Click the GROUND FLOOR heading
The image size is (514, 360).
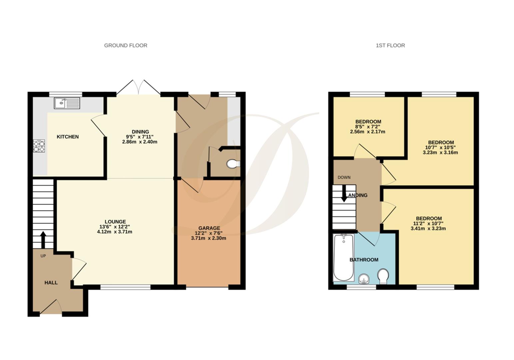pos(126,45)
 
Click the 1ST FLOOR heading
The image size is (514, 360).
pos(390,45)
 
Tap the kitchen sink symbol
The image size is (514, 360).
pos(67,103)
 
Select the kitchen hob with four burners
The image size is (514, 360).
pos(39,146)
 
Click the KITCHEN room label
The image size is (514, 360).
pos(68,137)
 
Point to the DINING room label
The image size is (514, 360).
pos(140,132)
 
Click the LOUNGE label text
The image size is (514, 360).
pos(115,222)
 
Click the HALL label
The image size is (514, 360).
pos(51,283)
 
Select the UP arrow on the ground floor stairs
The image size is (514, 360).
pos(43,239)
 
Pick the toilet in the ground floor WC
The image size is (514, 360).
pos(233,164)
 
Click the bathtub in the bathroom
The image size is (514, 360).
pos(343,257)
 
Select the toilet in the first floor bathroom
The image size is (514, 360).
pos(383,276)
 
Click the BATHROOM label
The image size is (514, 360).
pos(364,260)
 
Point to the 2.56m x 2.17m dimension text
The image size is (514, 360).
pos(368,132)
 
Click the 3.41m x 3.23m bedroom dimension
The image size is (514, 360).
pos(428,229)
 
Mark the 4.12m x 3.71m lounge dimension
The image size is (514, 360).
pos(115,232)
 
